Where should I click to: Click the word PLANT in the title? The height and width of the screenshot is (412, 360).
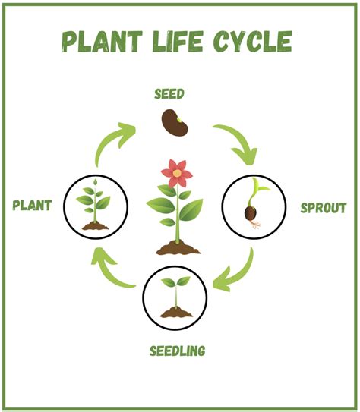102,42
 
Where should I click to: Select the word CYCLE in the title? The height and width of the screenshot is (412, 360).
253,41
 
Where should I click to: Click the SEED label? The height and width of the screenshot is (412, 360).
169,94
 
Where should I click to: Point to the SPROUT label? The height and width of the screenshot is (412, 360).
324,208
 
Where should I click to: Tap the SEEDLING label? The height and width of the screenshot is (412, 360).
178,351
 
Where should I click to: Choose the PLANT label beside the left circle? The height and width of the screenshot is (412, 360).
32,205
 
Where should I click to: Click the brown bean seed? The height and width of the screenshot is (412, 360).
175,123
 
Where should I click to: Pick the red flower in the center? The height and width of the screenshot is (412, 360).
177,173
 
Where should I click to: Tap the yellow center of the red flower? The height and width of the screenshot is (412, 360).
177,173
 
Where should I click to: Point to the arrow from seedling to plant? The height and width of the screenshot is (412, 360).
109,271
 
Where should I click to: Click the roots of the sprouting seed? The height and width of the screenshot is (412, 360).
254,224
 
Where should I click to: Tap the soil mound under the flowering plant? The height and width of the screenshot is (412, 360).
178,248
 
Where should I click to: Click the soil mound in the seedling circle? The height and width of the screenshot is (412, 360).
176,312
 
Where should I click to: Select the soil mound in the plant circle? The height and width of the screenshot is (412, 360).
95,226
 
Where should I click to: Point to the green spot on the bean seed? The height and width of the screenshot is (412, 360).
179,120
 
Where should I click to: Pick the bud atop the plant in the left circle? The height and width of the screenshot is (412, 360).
95,181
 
